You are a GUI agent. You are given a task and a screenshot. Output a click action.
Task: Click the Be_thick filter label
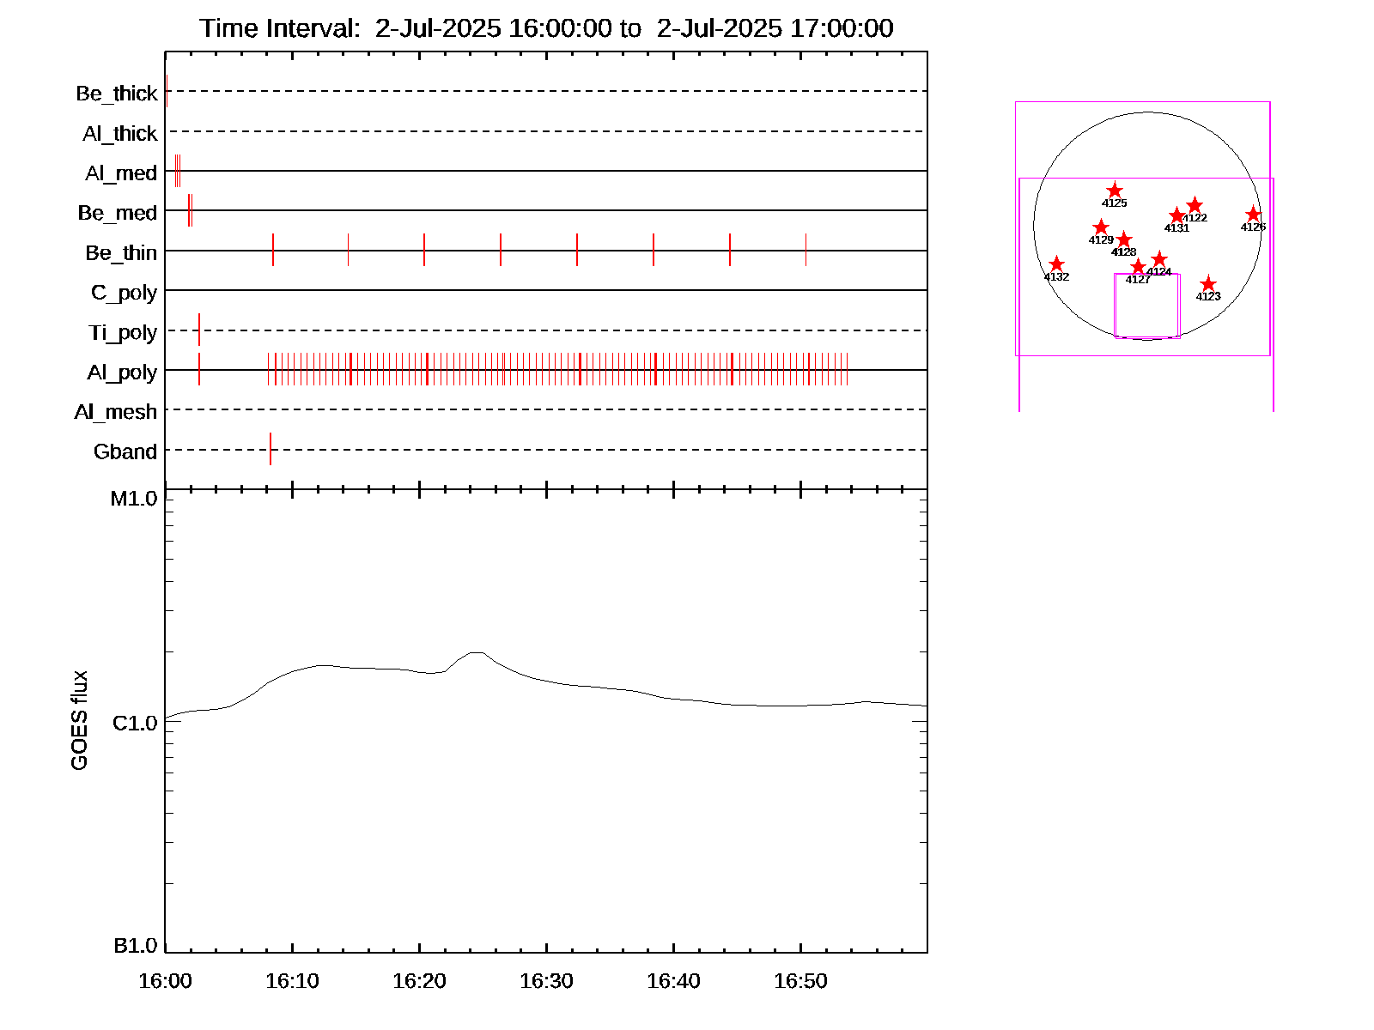coord(116,93)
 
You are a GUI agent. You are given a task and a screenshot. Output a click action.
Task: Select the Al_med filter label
coord(120,173)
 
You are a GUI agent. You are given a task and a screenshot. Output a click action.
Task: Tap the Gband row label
coord(125,451)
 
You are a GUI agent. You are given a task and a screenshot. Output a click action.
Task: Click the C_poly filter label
coord(124,293)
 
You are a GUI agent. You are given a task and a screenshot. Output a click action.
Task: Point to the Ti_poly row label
coord(122,332)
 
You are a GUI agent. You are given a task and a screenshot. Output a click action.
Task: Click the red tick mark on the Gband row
coord(271,449)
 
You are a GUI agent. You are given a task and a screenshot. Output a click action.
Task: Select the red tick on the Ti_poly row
coord(199,330)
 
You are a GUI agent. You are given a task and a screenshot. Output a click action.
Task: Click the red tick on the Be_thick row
coord(167,91)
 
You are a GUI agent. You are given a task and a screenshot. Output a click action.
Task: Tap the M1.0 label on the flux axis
coord(134,499)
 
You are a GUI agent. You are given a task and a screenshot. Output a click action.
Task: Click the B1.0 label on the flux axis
coord(135,946)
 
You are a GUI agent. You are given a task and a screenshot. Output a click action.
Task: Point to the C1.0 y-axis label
coord(135,724)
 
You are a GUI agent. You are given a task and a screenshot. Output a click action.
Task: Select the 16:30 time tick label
coord(546,981)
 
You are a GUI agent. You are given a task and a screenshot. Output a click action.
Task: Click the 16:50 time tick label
coord(800,981)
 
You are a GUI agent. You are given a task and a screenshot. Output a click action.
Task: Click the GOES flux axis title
coord(79,721)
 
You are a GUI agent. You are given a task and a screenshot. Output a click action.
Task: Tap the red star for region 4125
coord(1115,191)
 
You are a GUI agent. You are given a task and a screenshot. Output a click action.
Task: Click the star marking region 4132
coord(1057,264)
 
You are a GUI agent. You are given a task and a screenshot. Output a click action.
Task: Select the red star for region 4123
coord(1208,284)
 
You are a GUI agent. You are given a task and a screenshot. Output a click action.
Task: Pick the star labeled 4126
coord(1253,215)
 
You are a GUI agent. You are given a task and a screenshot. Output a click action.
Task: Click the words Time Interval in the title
coord(279,28)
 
